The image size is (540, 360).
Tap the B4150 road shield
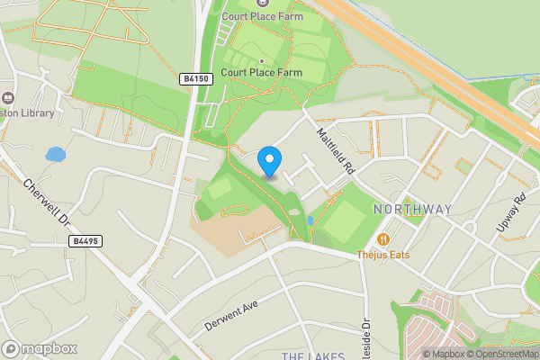coord(196,78)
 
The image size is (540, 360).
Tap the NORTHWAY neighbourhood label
coord(410,210)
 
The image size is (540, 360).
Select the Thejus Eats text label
coord(382,255)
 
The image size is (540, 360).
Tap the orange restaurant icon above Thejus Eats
coord(383,239)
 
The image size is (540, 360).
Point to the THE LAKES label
coord(313,356)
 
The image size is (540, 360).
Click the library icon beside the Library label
coord(7,98)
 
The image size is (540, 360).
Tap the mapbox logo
coord(40,348)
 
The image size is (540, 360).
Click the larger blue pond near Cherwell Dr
coord(56,155)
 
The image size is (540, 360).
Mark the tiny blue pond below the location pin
coord(310,220)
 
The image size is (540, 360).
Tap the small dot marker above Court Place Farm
coord(261,61)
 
